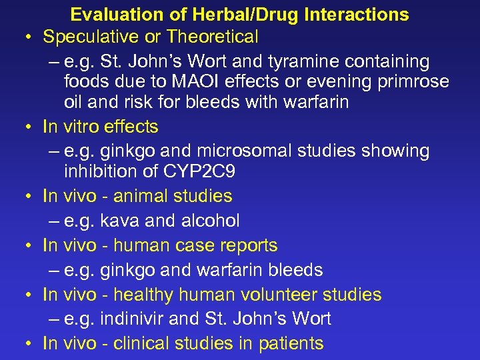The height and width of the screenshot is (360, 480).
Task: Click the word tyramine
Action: (x=310, y=61)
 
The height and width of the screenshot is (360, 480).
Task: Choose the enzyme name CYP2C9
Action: (x=199, y=171)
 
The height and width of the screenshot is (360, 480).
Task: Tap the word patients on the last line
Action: (x=291, y=344)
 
